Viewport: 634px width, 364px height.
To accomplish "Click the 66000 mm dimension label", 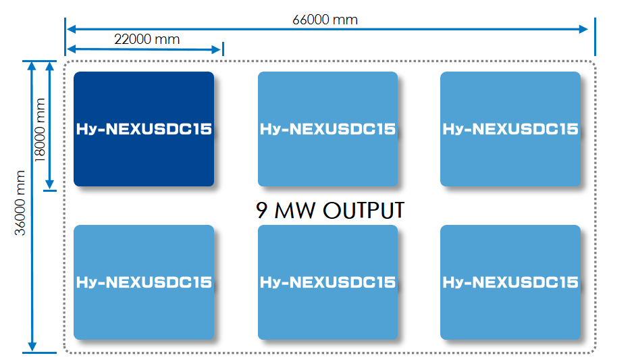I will [325, 20].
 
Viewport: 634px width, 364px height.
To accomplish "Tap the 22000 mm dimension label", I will [147, 39].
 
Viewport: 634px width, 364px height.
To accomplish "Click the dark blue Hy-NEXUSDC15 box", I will [144, 129].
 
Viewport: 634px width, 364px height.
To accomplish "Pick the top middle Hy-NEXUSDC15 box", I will [327, 129].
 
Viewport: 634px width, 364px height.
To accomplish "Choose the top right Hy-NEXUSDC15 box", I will [510, 129].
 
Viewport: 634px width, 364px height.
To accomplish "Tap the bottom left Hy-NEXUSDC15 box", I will [144, 282].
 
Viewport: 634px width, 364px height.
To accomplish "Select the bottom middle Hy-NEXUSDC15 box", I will [327, 282].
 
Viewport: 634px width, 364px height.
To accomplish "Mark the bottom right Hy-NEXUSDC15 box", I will [510, 282].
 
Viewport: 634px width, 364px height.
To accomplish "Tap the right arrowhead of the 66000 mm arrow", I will [584, 29].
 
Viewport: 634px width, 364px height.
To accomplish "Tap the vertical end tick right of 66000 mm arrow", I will [595, 38].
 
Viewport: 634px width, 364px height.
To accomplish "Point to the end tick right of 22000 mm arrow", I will [222, 49].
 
